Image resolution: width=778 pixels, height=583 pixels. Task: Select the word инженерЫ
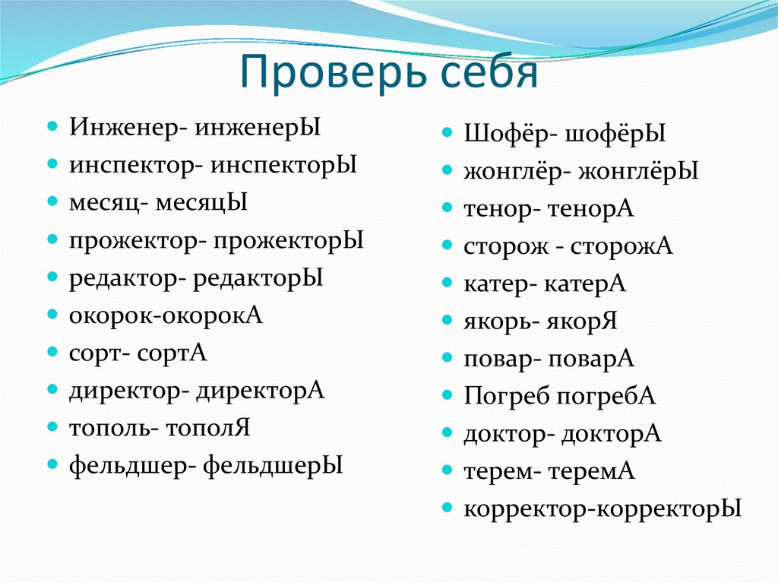click(258, 128)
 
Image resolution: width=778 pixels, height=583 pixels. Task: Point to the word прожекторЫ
click(289, 241)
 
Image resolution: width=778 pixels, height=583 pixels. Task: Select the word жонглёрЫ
click(638, 172)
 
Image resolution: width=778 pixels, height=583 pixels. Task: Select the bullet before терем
click(448, 471)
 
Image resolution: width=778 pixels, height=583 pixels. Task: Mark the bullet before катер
click(448, 284)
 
